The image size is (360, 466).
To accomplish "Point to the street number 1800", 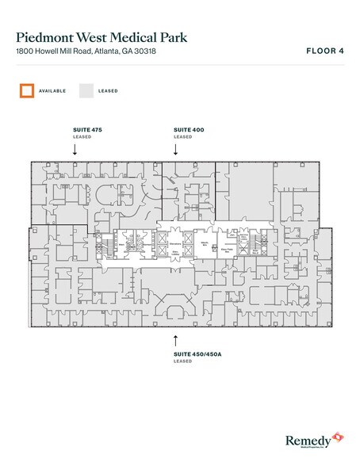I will pos(24,52).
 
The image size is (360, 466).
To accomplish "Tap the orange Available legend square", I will pos(26,90).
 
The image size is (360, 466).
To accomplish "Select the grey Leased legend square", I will pos(86,90).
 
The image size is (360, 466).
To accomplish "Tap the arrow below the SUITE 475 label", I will pos(74,147).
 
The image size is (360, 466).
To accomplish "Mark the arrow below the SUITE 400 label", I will pos(177,147).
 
